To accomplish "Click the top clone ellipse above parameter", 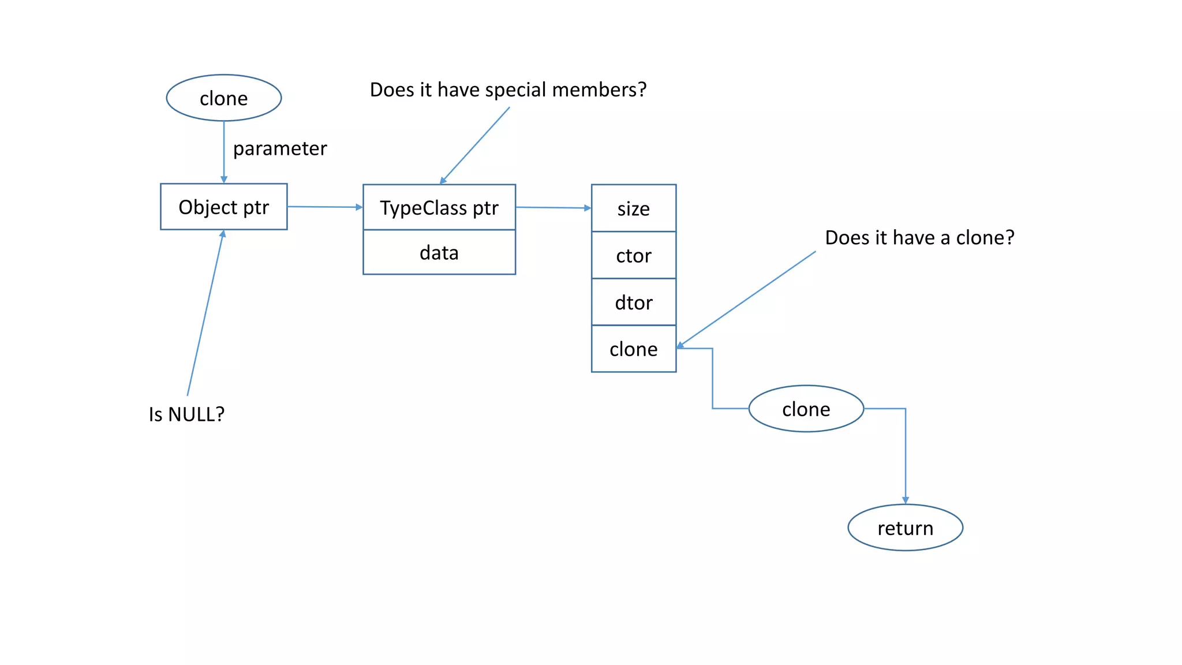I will point(224,98).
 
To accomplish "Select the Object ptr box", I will point(224,207).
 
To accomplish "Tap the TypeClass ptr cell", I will point(439,207).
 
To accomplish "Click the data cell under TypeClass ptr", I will point(439,252).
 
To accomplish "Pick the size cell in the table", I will point(633,208).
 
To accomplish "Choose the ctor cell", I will point(633,255).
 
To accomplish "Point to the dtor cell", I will point(633,302).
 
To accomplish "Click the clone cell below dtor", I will point(633,349).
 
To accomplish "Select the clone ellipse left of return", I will point(806,409).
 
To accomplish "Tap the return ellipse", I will point(905,528).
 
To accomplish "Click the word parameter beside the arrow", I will point(280,148).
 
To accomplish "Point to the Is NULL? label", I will point(186,414).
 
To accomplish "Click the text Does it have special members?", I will point(508,89).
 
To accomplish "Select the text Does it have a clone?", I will point(919,237).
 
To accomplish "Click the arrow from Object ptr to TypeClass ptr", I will point(324,207).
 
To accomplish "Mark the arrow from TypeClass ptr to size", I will point(553,208).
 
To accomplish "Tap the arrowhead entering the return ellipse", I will point(906,500).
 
